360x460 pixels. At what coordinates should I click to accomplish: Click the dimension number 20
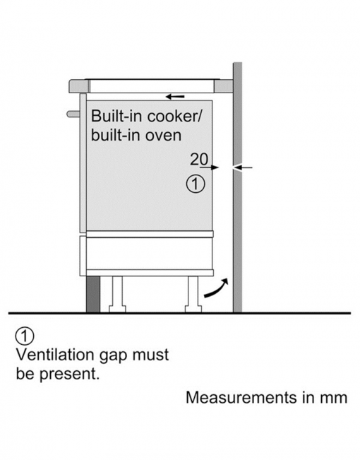click(x=199, y=159)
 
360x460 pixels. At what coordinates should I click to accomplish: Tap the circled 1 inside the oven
click(x=196, y=184)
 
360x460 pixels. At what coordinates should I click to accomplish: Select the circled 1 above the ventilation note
click(x=25, y=336)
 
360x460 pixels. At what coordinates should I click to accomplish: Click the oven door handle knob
click(x=73, y=114)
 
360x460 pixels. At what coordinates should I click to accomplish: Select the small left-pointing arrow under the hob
click(x=175, y=97)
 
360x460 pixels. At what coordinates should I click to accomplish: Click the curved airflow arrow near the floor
click(x=215, y=289)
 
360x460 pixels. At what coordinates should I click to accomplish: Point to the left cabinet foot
click(x=117, y=294)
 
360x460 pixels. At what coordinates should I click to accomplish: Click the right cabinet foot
click(x=193, y=294)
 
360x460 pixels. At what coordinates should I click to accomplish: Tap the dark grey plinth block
click(x=93, y=294)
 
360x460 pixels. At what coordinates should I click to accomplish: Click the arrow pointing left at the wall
click(x=243, y=167)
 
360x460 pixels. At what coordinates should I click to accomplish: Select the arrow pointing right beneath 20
click(x=210, y=167)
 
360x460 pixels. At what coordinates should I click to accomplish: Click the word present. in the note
click(x=69, y=374)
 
